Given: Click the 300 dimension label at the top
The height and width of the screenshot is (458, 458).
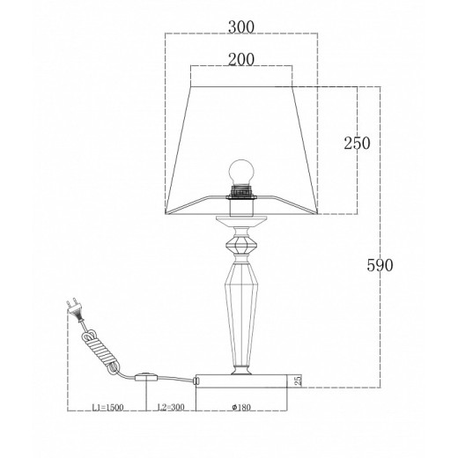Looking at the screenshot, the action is point(241,27).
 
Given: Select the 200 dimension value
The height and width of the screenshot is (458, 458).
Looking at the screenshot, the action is point(241,60).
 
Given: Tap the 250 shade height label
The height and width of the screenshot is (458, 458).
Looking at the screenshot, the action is point(357,144).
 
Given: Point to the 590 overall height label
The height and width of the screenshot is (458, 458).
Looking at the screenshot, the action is point(380,265).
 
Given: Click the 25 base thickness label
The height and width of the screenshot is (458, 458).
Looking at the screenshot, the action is point(298,380).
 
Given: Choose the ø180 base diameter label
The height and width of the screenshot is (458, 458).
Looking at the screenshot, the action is point(241,408).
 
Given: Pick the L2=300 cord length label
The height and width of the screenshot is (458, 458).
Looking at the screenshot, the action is point(171,407).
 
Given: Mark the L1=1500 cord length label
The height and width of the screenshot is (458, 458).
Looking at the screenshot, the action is point(107,408).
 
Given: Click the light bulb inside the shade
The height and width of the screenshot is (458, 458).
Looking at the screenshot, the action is point(241,172).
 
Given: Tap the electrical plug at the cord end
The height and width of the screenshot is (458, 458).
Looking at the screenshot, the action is point(74,310).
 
